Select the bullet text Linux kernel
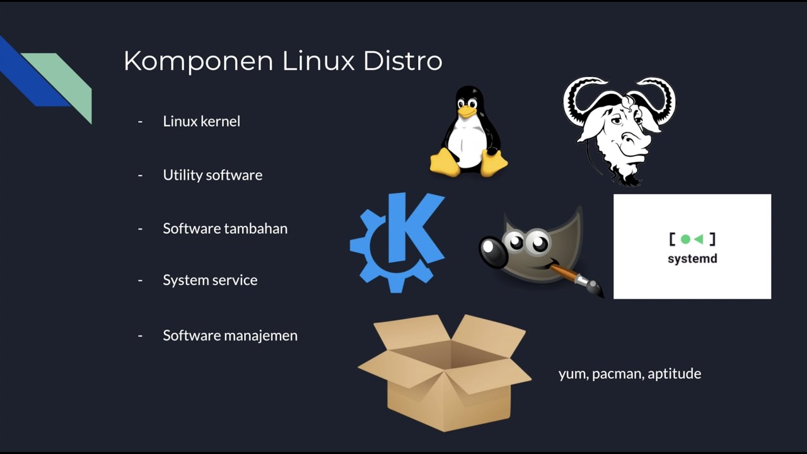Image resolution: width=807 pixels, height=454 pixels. pos(201,121)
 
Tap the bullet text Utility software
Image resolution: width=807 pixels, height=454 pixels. pos(212,175)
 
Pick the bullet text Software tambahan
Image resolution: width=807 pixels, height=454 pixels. pos(225,228)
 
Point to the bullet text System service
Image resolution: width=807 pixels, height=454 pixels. pos(210,280)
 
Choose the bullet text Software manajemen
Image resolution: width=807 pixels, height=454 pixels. pos(230,335)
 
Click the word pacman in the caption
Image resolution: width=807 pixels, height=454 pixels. pos(617,374)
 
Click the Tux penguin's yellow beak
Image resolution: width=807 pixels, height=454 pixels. pos(467,112)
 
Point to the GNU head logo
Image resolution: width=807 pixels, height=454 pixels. pos(618,129)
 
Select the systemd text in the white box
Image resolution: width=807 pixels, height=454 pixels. pos(692,259)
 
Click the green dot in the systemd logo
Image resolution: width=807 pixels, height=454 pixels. pos(685,240)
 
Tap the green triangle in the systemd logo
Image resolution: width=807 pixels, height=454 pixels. pos(699,240)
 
